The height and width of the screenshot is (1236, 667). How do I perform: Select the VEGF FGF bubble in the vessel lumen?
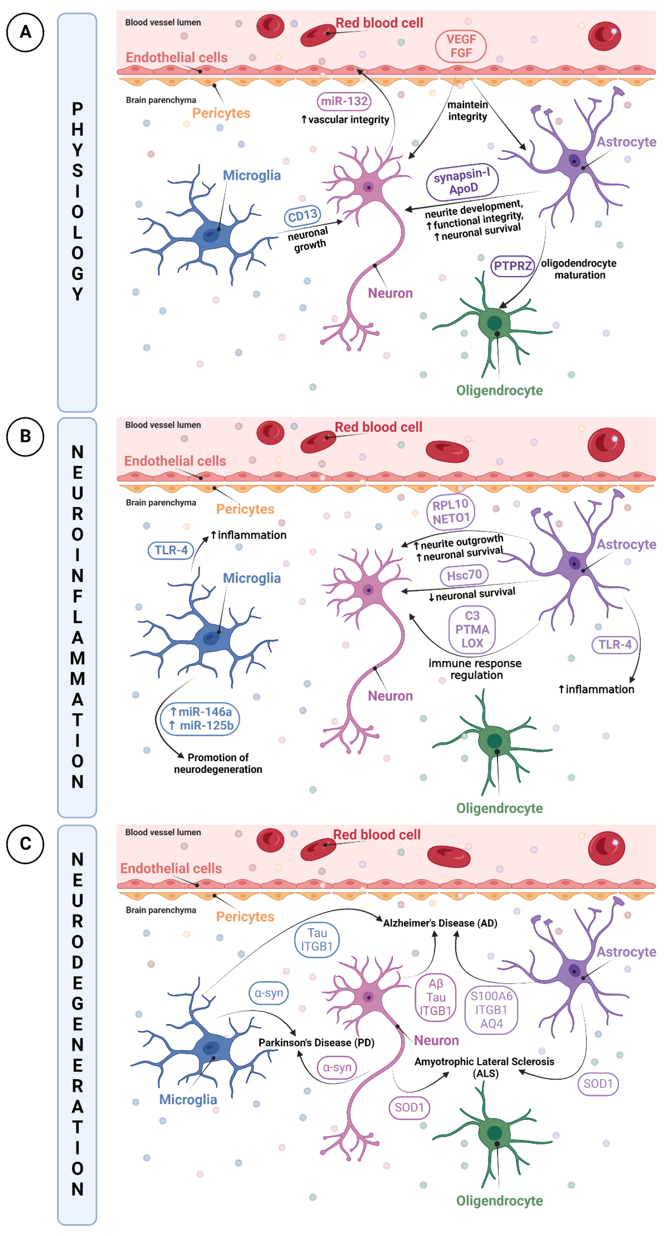pyautogui.click(x=461, y=46)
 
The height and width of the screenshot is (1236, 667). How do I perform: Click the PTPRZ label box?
pyautogui.click(x=513, y=266)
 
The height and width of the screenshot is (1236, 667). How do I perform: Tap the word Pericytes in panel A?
pyautogui.click(x=221, y=113)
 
